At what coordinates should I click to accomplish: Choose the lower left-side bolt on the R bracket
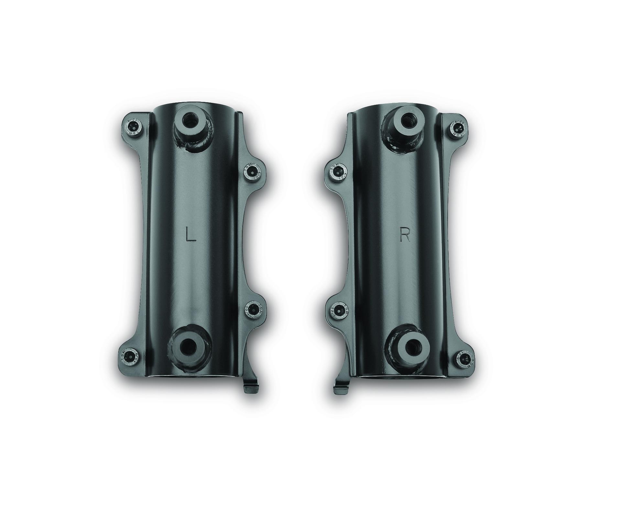click(338, 310)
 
